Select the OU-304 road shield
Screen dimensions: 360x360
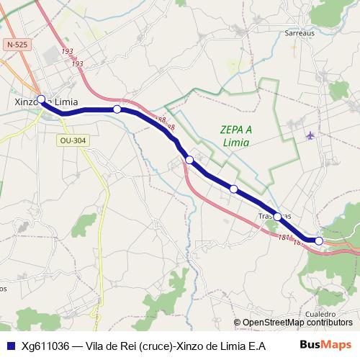[73, 140]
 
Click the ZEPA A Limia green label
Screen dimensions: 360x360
[237, 135]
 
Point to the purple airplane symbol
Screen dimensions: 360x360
[310, 135]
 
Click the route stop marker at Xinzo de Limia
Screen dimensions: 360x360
[41, 99]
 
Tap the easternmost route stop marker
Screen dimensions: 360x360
[319, 240]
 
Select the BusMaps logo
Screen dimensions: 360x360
[325, 344]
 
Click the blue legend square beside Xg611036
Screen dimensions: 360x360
[9, 345]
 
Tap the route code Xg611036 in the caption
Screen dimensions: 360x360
[45, 345]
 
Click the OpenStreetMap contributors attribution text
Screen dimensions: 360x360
[297, 323]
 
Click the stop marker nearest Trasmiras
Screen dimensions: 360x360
[277, 216]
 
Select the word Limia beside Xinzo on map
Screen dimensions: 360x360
[64, 102]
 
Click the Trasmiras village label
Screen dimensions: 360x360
[274, 216]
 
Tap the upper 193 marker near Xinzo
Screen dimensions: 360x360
[67, 51]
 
